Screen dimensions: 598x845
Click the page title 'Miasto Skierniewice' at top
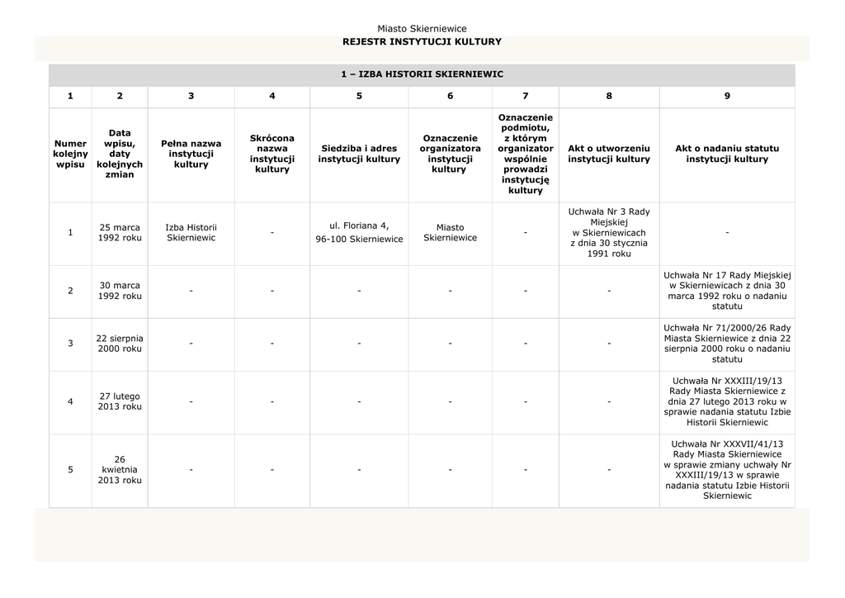(x=422, y=29)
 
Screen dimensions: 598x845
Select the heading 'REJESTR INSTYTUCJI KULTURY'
(x=422, y=41)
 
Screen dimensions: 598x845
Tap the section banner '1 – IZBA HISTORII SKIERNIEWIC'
(x=422, y=74)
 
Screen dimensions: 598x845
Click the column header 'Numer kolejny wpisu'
(x=70, y=154)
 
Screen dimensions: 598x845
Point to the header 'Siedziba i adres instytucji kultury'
(x=359, y=154)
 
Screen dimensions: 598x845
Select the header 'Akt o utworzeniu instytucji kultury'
(x=609, y=154)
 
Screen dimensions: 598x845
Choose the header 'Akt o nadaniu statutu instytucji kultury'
(x=727, y=154)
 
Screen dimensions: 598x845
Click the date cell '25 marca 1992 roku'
(x=120, y=232)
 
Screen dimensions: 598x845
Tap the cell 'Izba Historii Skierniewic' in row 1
(x=191, y=232)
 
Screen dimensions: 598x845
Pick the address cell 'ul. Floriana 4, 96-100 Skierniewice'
(x=359, y=232)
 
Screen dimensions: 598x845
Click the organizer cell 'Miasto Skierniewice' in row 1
(x=450, y=232)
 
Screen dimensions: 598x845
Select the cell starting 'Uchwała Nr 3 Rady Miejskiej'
(x=609, y=233)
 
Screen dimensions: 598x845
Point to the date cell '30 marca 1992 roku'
(x=120, y=291)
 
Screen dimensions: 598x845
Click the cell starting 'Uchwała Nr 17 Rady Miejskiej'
(x=727, y=291)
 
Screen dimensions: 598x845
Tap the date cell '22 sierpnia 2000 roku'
(x=120, y=343)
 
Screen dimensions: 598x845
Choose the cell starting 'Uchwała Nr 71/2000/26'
(x=727, y=343)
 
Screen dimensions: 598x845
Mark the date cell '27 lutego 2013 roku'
(x=120, y=401)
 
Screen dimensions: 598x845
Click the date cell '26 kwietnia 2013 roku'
(x=120, y=470)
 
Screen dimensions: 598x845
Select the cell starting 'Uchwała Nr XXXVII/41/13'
(x=727, y=470)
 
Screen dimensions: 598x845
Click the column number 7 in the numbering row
(x=526, y=97)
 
